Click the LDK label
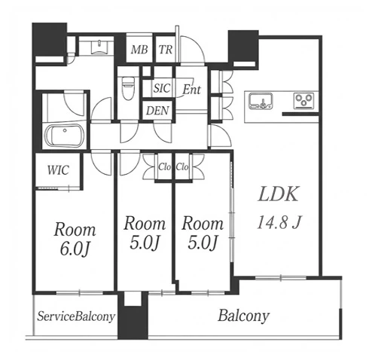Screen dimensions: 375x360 coord(279,194)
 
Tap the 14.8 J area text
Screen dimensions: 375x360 coord(279,222)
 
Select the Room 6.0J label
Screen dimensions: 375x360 coord(75,239)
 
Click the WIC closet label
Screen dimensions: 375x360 coord(58,170)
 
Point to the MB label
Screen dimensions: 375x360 coord(139,50)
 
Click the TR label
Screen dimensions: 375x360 coord(166,50)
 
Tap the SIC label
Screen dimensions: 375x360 coord(162,88)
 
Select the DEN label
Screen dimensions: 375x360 coord(157,111)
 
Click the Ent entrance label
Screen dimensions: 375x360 coord(192,90)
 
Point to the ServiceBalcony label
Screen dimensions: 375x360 coord(76,316)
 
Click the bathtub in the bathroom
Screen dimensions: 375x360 coord(64,136)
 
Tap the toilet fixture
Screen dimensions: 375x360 coord(128,87)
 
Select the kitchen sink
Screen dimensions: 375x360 coord(261,101)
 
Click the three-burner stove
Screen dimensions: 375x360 coord(303,101)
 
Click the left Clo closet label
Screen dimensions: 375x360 coord(164,166)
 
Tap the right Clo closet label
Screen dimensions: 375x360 coord(182,166)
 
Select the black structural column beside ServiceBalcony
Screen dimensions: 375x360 coord(133,316)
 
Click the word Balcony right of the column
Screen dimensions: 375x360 coord(243,316)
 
